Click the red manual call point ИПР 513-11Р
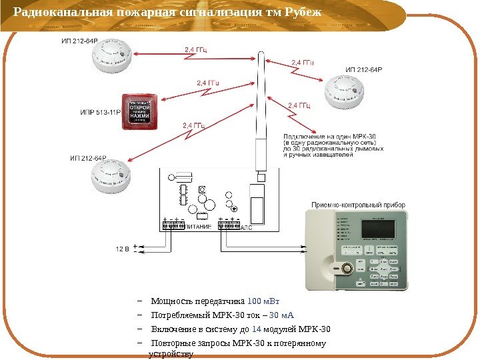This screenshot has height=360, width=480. click(x=139, y=111)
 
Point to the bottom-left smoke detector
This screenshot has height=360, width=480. click(x=113, y=178)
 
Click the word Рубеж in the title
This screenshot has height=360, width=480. click(x=303, y=13)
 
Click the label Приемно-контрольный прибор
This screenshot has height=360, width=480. click(x=359, y=205)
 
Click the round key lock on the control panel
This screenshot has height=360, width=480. click(x=347, y=269)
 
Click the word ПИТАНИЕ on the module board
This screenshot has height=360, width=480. click(x=198, y=227)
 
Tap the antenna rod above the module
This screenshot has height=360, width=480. click(x=262, y=113)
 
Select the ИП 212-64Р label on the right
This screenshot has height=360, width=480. click(x=363, y=69)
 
